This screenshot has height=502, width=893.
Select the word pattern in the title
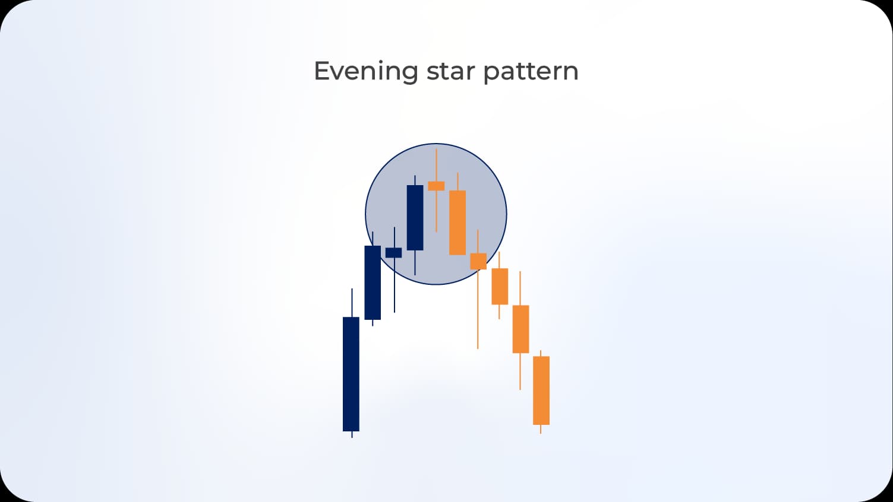pyautogui.click(x=531, y=72)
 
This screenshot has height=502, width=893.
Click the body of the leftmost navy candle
pyautogui.click(x=351, y=374)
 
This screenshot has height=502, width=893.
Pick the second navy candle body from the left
pyautogui.click(x=373, y=282)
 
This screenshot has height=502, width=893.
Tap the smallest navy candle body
pyautogui.click(x=393, y=253)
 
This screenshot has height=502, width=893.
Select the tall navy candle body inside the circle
pyautogui.click(x=415, y=217)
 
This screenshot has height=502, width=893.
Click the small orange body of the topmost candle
pyautogui.click(x=436, y=186)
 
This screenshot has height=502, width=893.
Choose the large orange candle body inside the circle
pyautogui.click(x=457, y=223)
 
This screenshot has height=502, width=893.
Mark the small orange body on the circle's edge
pyautogui.click(x=478, y=261)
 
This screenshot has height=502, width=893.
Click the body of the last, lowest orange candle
pyautogui.click(x=541, y=390)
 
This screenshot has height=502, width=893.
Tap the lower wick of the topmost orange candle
pyautogui.click(x=436, y=211)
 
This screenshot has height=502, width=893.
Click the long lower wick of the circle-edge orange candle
pyautogui.click(x=478, y=309)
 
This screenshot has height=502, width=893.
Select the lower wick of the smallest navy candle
pyautogui.click(x=394, y=285)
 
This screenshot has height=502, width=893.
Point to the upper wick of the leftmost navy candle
pyautogui.click(x=352, y=303)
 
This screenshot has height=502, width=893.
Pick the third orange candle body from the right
pyautogui.click(x=500, y=286)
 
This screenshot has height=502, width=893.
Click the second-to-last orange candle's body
pyautogui.click(x=520, y=329)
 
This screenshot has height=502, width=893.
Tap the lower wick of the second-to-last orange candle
pyautogui.click(x=520, y=371)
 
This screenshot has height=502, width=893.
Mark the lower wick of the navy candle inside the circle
pyautogui.click(x=415, y=263)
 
